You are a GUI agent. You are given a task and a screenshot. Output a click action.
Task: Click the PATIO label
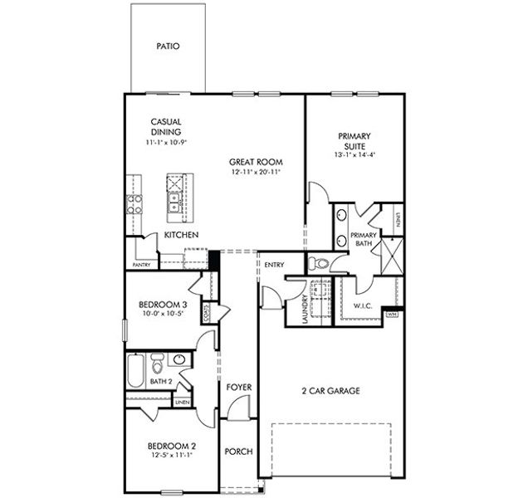point(169,46)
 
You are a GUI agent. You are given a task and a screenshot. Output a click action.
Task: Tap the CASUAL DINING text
point(166,126)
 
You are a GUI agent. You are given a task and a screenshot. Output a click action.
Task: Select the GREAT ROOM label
point(257,162)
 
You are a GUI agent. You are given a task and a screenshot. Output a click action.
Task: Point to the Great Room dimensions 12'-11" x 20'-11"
point(257,173)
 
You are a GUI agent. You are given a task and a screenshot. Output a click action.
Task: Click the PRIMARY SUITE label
point(354,141)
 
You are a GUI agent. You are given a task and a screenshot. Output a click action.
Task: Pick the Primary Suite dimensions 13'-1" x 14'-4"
point(354,154)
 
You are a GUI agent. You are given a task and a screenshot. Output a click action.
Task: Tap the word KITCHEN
point(181,236)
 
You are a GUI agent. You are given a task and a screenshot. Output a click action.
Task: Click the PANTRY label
point(140,265)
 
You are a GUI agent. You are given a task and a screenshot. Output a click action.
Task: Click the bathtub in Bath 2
point(135,370)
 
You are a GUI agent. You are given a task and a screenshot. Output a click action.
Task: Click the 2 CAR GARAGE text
point(330,390)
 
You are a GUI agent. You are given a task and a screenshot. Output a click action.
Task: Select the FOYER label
point(239,388)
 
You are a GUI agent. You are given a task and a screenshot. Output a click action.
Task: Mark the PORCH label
point(239,452)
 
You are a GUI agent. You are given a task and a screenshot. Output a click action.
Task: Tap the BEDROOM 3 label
point(163,305)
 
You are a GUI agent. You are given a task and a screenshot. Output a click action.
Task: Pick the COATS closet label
point(204,313)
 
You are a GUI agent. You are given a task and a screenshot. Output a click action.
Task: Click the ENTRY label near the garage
point(274,265)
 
